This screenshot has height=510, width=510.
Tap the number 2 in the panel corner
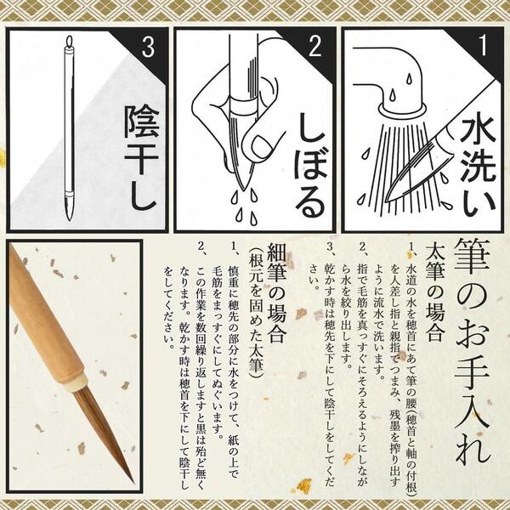click(314, 46)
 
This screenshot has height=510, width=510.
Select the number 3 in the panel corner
click(148, 47)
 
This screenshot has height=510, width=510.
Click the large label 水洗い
click(478, 167)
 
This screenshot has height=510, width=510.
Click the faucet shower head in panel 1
click(402, 110)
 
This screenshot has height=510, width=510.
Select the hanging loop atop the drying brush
click(70, 42)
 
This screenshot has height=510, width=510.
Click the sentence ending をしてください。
click(168, 307)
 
